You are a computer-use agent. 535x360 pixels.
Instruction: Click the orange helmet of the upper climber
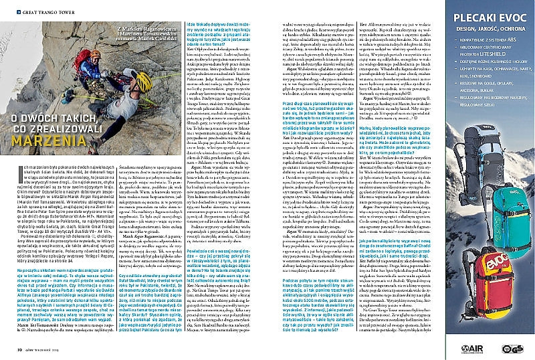coord(96,54)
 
